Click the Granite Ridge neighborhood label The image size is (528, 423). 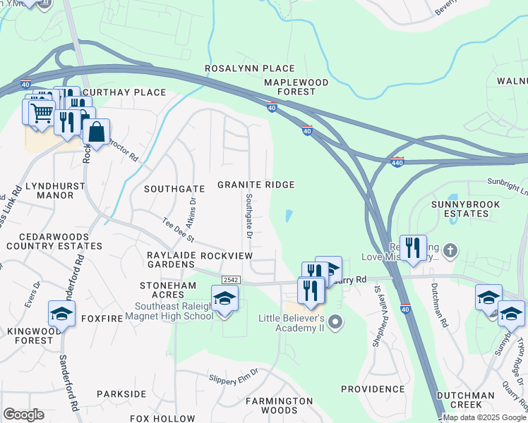(255, 185)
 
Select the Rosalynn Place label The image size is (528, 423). (249, 68)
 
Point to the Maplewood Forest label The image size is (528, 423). (296, 87)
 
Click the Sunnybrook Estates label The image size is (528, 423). (465, 209)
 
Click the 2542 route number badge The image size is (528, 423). (231, 280)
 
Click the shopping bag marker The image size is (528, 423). (96, 132)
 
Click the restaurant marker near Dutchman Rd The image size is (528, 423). (413, 248)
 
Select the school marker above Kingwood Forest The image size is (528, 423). (61, 314)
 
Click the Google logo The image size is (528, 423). (23, 415)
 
